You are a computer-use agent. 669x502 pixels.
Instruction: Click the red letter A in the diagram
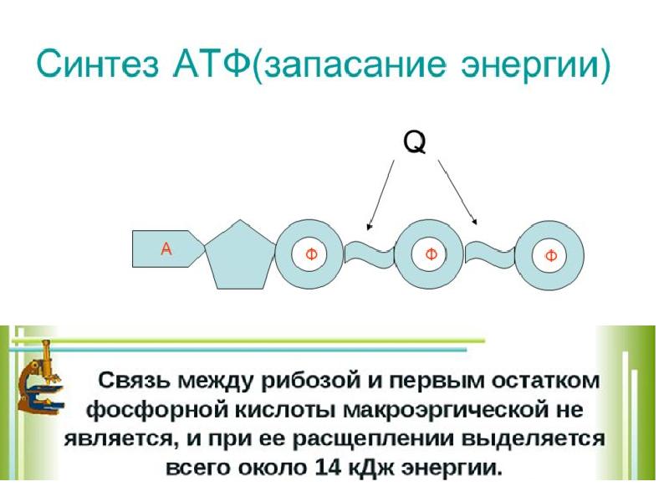pyautogui.click(x=166, y=248)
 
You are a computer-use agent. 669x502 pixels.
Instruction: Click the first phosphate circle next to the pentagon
pyautogui.click(x=310, y=254)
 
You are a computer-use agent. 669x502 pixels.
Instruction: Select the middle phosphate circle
pyautogui.click(x=430, y=254)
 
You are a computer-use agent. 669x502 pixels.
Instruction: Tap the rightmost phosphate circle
pyautogui.click(x=550, y=255)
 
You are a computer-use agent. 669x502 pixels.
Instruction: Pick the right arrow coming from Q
pyautogui.click(x=457, y=192)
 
